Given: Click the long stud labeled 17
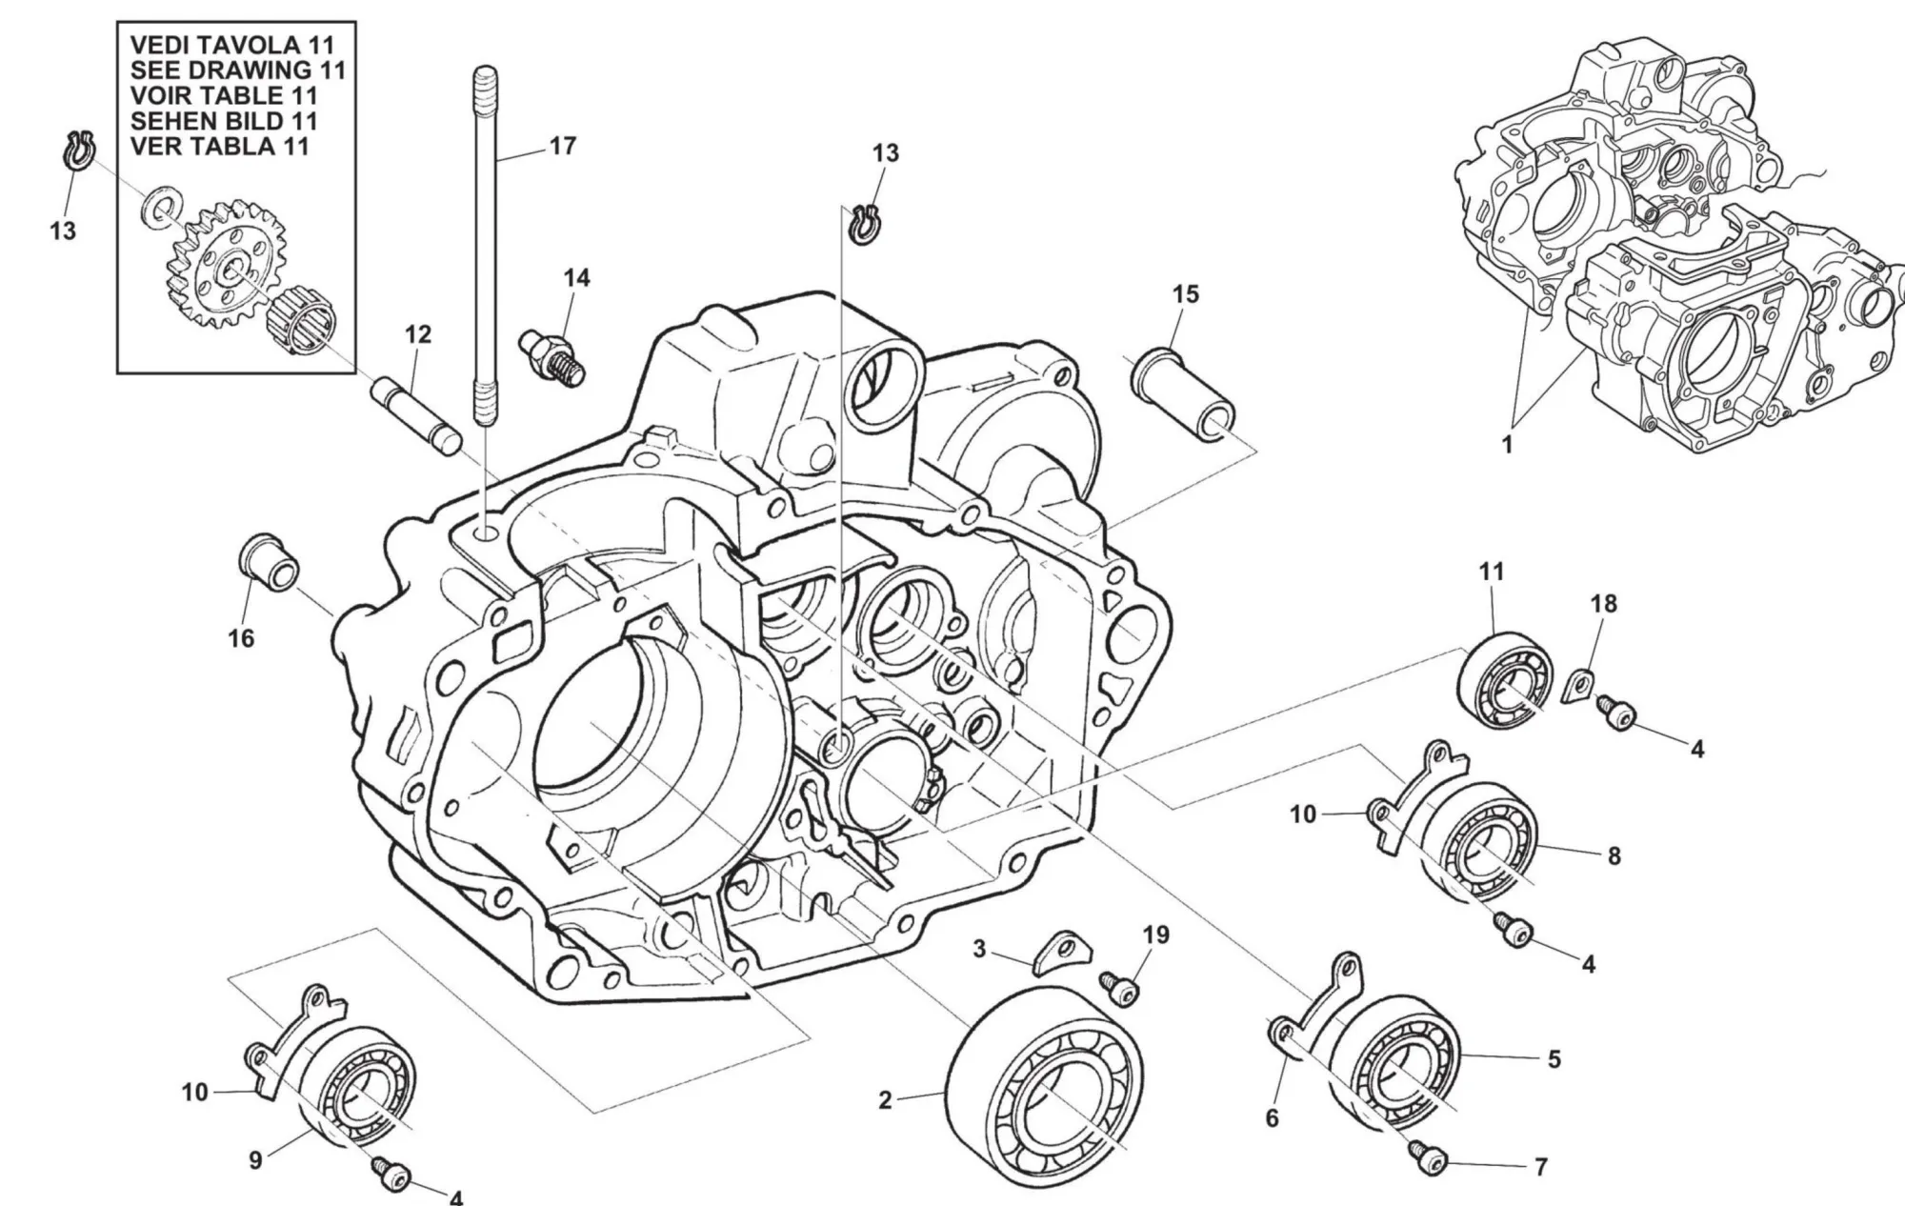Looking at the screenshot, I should (485, 248).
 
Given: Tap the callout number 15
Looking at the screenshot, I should (1186, 294).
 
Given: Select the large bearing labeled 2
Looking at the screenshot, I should (1048, 1086).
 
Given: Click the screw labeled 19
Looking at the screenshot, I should (1120, 987).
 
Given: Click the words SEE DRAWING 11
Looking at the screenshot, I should (238, 70).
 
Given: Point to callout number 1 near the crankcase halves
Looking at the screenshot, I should (1507, 444).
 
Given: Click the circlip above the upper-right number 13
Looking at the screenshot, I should (865, 224).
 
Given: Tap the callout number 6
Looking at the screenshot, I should (1272, 1117).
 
